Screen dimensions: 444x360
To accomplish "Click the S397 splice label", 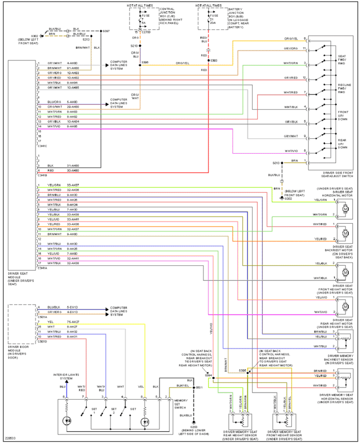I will (106, 31).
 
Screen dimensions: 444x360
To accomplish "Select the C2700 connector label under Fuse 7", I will (147, 33).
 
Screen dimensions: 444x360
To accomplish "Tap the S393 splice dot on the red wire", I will (208, 60).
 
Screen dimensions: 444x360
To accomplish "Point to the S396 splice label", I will (144, 62).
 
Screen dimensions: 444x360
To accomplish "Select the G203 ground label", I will (193, 428).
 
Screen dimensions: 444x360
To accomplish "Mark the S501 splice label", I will (199, 387).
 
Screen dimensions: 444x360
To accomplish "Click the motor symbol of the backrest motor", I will (344, 231).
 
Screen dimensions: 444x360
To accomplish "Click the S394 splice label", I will (208, 375).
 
